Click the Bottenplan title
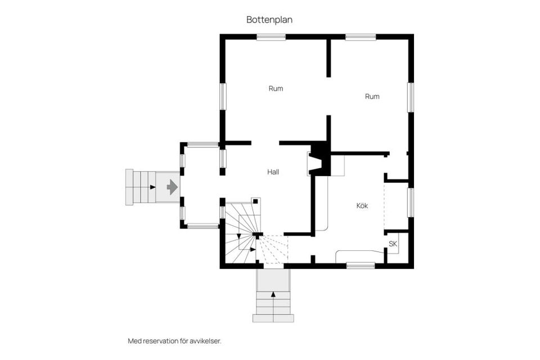click(x=269, y=20)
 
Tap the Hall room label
click(x=273, y=172)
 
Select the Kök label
click(x=362, y=206)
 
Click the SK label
click(x=393, y=244)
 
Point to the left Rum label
click(x=276, y=88)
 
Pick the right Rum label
click(x=372, y=96)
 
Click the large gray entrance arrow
click(x=172, y=187)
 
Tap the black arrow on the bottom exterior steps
click(x=273, y=294)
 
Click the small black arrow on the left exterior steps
click(x=153, y=187)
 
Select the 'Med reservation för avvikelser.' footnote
click(x=174, y=341)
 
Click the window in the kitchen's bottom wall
click(x=361, y=265)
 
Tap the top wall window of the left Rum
click(x=271, y=37)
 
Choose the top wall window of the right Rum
click(x=361, y=37)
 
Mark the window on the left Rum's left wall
click(x=223, y=96)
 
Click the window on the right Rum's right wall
click(x=411, y=97)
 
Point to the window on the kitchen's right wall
click(x=411, y=202)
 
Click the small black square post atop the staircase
click(x=255, y=201)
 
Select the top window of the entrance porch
click(x=203, y=145)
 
